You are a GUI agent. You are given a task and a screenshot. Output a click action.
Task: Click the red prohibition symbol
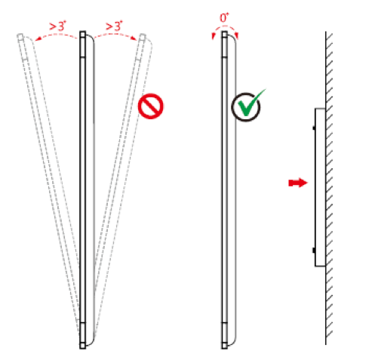(x=150, y=106)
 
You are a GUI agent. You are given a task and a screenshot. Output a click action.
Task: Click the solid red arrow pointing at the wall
(x=298, y=183)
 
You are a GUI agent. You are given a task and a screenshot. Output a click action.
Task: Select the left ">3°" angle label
(x=57, y=26)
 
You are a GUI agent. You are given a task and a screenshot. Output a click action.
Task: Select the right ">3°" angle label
(x=114, y=26)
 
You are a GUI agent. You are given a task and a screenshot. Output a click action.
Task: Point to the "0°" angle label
(x=224, y=17)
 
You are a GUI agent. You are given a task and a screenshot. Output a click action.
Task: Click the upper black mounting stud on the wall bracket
(x=314, y=128)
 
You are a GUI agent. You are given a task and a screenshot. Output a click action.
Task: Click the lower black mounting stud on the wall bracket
(x=314, y=250)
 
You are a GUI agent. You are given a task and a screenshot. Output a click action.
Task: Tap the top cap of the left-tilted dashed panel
(x=20, y=37)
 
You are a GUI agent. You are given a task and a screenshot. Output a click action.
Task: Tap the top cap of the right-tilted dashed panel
(x=142, y=37)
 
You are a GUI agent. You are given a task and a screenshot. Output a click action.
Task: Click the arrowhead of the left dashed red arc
(x=38, y=38)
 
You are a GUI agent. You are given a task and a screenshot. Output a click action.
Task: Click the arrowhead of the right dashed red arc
(x=134, y=38)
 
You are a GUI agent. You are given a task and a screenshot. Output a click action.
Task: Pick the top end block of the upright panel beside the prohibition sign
(x=82, y=35)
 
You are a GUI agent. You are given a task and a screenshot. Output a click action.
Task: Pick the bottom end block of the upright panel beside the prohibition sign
(x=82, y=346)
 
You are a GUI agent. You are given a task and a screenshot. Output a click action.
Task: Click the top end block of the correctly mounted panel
(x=225, y=35)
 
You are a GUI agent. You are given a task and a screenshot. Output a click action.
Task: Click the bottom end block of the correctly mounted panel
(x=225, y=346)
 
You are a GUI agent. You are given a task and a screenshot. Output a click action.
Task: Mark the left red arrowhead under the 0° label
(x=214, y=36)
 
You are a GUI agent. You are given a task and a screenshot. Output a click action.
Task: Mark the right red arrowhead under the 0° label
(x=236, y=36)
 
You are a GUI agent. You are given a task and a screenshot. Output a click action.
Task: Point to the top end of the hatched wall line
(x=326, y=32)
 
